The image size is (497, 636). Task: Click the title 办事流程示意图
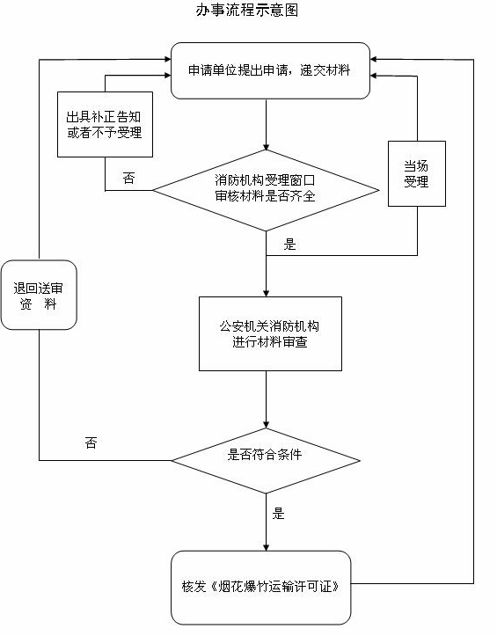[x=247, y=10]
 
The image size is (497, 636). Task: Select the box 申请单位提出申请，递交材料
[x=270, y=70]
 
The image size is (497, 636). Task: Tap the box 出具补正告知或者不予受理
[x=105, y=124]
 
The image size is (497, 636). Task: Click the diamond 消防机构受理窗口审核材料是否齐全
[x=266, y=190]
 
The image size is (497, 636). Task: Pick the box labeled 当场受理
[x=417, y=173]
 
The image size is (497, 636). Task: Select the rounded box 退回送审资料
[x=39, y=295]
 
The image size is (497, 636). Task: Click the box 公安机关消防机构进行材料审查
[x=270, y=333]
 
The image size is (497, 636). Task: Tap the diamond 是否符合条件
[x=266, y=461]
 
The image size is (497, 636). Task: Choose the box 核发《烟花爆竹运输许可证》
[x=260, y=588]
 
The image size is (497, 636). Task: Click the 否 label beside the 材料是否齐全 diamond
[x=128, y=178]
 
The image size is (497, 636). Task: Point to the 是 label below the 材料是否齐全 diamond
[x=289, y=245]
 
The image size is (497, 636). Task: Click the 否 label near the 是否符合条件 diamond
[x=91, y=442]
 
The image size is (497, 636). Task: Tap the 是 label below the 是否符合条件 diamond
[x=278, y=514]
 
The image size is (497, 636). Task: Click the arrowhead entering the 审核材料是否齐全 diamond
[x=267, y=147]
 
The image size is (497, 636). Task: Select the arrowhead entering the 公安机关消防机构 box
[x=267, y=294]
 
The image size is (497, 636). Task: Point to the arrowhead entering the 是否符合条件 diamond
[x=267, y=425]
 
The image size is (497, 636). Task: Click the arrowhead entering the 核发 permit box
[x=267, y=547]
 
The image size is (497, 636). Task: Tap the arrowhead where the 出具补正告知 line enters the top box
[x=167, y=75]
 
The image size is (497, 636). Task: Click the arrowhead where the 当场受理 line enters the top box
[x=374, y=76]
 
